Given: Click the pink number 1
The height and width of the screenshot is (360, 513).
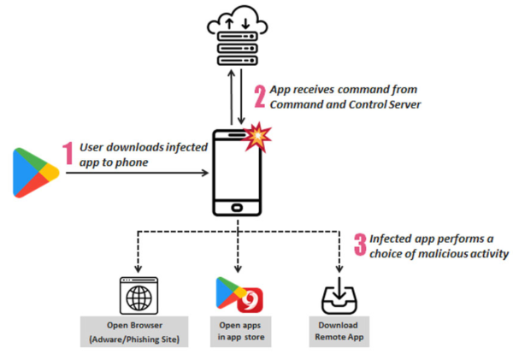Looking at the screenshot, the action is [x=68, y=153].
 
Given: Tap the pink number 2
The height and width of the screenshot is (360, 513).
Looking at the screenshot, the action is [x=260, y=97].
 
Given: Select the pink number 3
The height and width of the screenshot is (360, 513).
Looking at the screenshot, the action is [x=360, y=245].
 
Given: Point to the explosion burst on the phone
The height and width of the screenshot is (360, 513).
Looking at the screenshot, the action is [x=257, y=137].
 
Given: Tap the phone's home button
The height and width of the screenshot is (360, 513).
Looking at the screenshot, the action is [x=237, y=208].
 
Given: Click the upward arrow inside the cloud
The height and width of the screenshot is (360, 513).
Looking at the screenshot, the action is [x=229, y=24].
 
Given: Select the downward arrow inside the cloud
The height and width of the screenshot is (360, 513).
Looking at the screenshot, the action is [x=245, y=24].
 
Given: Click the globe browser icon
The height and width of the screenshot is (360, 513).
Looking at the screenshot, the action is [x=139, y=296].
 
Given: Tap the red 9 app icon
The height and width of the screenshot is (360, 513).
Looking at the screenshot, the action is [x=251, y=300].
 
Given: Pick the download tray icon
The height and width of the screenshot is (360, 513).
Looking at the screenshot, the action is [x=339, y=296].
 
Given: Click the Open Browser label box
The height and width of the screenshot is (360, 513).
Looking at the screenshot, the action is [x=134, y=332].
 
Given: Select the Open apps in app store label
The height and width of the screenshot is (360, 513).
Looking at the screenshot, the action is [x=241, y=332].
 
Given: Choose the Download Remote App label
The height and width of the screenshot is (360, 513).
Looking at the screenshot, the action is [x=339, y=332].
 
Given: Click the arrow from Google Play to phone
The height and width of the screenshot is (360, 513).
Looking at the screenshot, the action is [x=138, y=173].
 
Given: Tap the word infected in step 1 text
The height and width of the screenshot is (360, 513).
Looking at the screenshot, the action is [x=186, y=147].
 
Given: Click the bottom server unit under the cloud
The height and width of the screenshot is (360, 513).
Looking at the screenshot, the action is [x=238, y=60].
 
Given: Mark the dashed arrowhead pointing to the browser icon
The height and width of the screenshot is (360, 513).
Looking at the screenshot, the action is [x=138, y=269].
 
